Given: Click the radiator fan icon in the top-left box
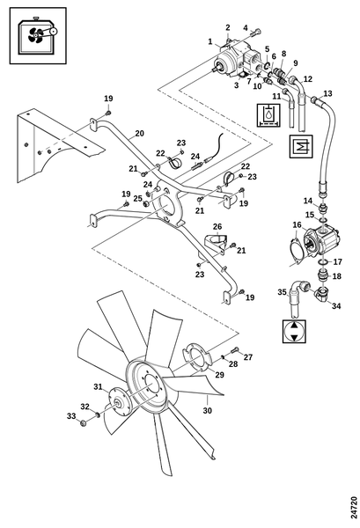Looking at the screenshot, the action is [38, 35].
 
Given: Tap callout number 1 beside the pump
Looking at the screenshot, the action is [210, 41].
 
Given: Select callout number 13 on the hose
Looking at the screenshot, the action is [327, 93].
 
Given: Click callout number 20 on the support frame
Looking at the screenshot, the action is [139, 134].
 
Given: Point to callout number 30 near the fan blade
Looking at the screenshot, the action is [208, 410].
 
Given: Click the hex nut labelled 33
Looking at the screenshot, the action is [83, 422].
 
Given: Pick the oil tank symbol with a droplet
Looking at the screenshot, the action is [268, 115].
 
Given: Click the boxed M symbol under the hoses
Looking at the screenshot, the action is [301, 146].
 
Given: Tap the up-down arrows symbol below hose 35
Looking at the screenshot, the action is [294, 332].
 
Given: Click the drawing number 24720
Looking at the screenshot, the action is [353, 507].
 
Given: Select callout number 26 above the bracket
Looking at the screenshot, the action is [217, 226].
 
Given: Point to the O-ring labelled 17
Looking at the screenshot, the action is [323, 262].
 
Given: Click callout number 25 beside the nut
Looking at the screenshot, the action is [137, 199].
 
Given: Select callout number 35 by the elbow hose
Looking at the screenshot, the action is [282, 291].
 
